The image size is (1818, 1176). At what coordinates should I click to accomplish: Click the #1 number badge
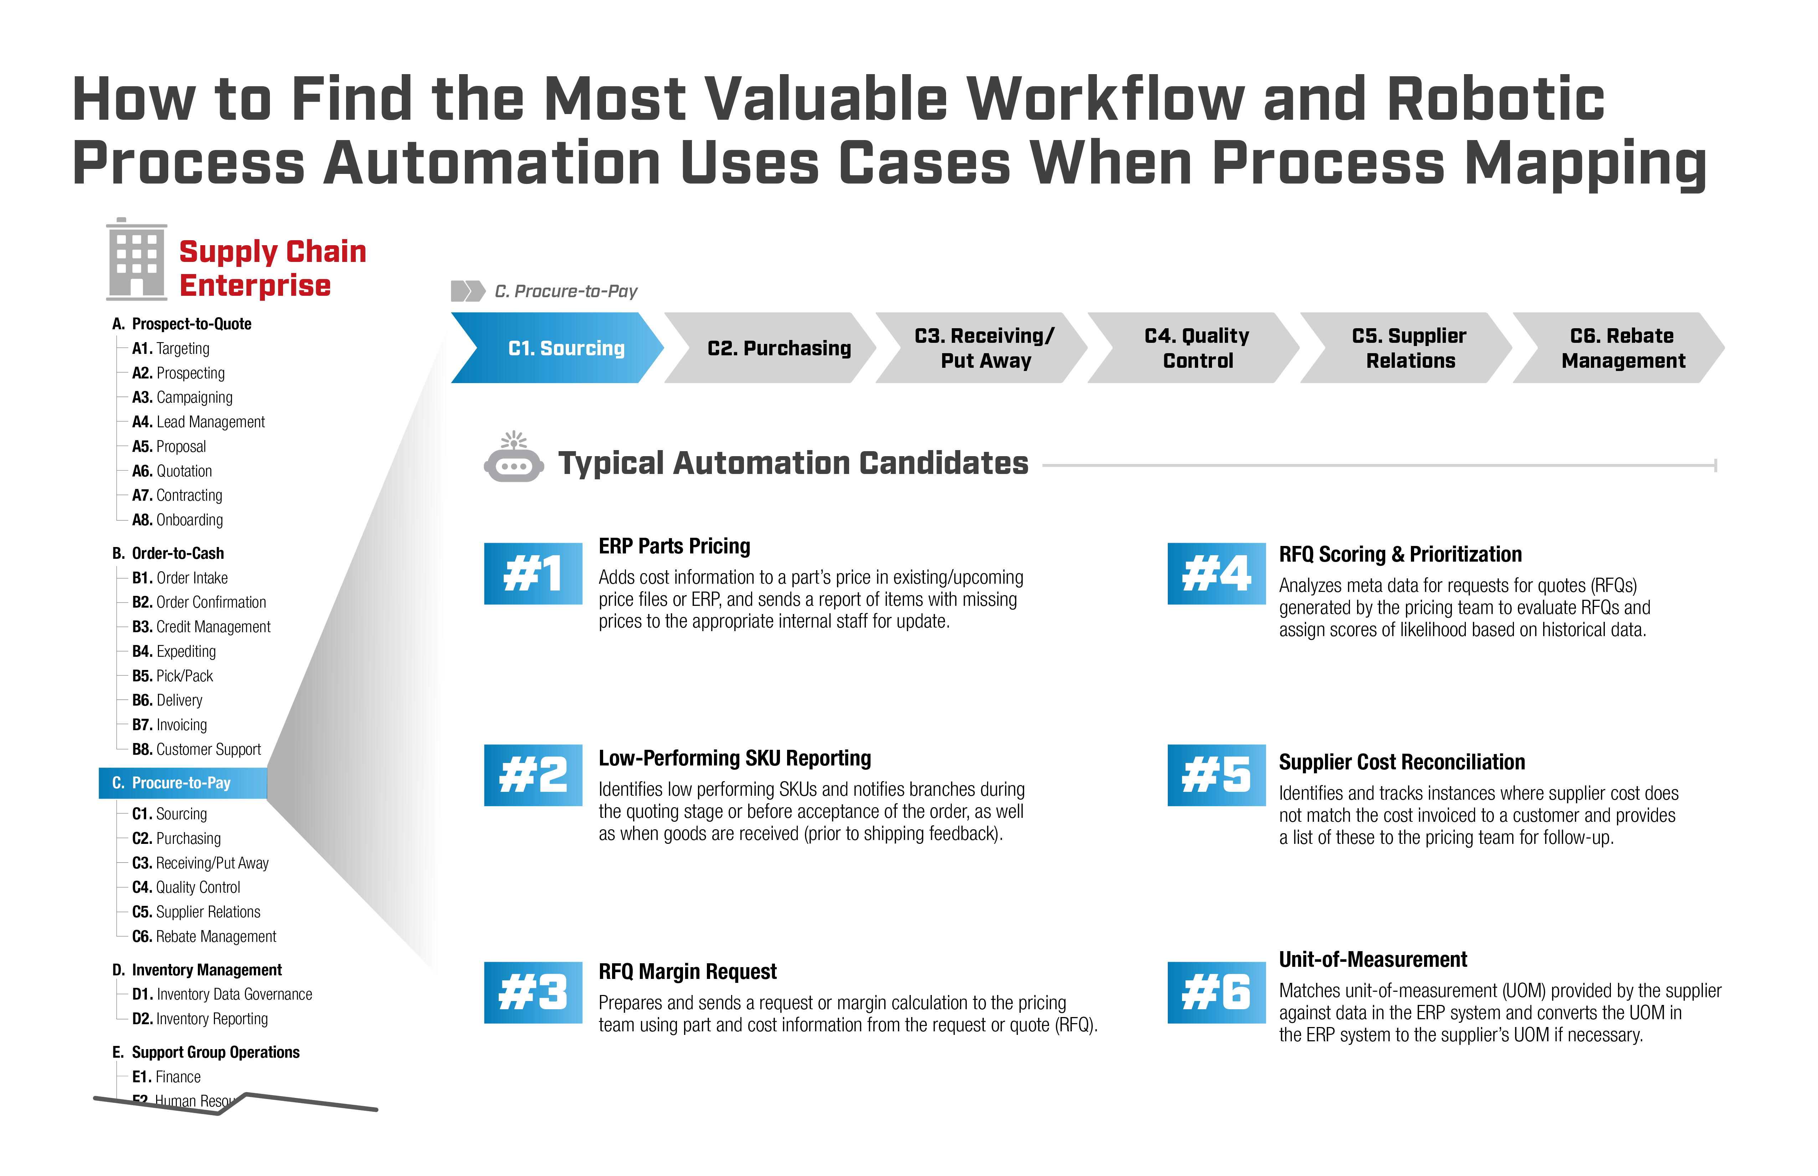pos(533,573)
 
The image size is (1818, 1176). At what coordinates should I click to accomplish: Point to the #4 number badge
pos(1217,573)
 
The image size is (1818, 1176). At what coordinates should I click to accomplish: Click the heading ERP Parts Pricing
pos(674,547)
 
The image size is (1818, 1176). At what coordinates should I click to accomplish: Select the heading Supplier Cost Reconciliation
pos(1402,762)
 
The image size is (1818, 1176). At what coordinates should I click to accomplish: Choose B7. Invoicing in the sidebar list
pos(170,725)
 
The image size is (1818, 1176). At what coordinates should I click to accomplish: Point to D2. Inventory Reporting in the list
pos(200,1019)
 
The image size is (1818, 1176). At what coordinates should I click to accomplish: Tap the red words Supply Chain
pos(273,252)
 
